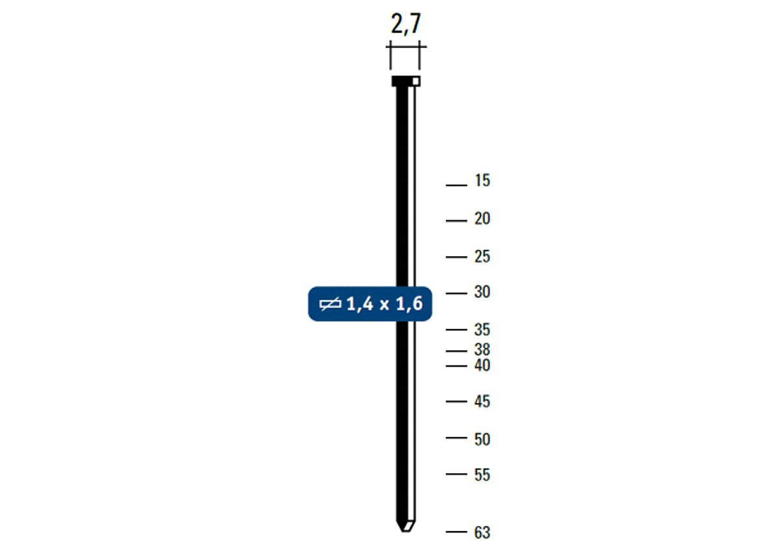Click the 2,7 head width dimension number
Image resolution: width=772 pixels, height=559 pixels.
(x=405, y=25)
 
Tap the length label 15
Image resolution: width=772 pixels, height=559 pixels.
(x=482, y=181)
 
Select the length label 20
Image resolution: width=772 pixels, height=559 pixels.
(x=482, y=219)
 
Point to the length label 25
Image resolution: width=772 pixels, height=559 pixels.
(x=482, y=257)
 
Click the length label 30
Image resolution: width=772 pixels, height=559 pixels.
(x=482, y=292)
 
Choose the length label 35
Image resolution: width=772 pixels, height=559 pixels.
(x=482, y=330)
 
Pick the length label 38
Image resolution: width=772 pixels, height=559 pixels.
(x=482, y=350)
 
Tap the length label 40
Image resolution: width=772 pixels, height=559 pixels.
(x=482, y=366)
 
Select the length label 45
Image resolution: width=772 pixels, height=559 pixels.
(x=482, y=402)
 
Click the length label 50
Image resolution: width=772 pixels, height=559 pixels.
(x=482, y=439)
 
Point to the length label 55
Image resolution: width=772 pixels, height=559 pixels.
(x=482, y=475)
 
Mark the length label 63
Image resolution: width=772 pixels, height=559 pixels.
(x=482, y=533)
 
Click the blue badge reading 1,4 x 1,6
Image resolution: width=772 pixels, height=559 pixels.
(x=370, y=304)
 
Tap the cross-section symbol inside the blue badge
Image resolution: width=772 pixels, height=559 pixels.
(x=331, y=304)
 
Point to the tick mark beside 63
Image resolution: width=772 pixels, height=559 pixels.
(x=456, y=532)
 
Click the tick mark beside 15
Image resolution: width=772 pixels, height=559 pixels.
(x=456, y=185)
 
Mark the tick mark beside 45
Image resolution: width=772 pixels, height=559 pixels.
(x=456, y=402)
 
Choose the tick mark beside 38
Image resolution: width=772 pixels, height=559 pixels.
(x=456, y=352)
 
